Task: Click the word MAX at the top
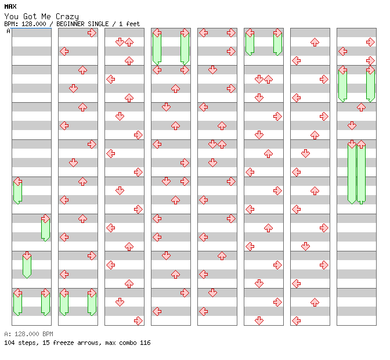(x=10, y=6)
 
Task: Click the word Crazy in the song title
(x=67, y=16)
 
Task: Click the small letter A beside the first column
(x=9, y=31)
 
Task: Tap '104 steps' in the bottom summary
(x=19, y=343)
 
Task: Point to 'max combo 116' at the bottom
(x=128, y=343)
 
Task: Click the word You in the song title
(x=11, y=16)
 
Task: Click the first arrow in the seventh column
(x=315, y=42)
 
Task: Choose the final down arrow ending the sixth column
(x=259, y=321)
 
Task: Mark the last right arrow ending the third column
(x=138, y=321)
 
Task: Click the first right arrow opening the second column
(x=92, y=33)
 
